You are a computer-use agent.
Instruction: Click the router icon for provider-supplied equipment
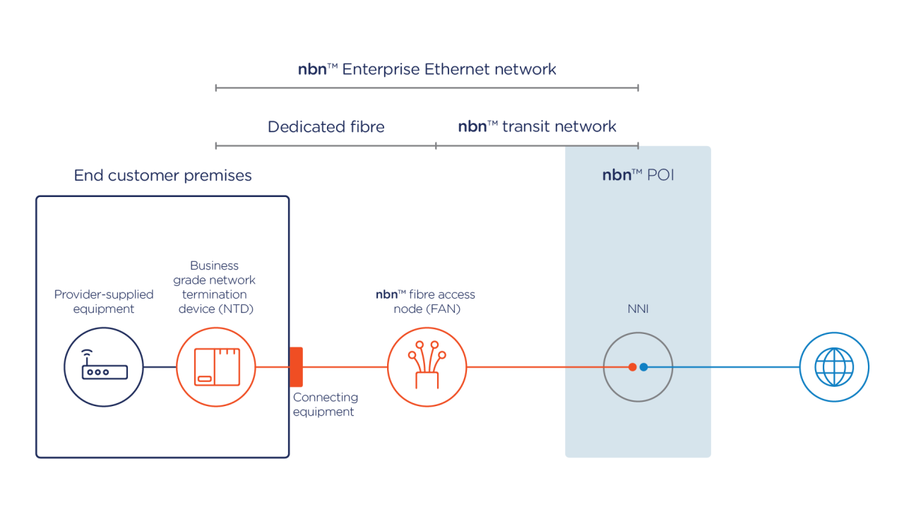(105, 367)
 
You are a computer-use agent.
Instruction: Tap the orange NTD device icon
(215, 367)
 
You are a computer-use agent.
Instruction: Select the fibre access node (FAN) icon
(427, 367)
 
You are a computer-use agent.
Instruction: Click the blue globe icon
(834, 367)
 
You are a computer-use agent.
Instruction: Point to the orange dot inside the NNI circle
(632, 367)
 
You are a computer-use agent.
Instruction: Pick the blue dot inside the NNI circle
(643, 367)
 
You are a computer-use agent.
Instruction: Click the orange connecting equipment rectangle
(297, 367)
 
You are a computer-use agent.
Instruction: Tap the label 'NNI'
(638, 309)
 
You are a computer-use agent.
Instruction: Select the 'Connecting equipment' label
(325, 405)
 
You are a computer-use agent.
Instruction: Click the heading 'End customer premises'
(162, 175)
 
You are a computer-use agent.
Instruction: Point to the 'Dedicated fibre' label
(326, 127)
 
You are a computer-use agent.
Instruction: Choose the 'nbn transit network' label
(537, 127)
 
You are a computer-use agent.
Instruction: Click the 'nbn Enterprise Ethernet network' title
(427, 69)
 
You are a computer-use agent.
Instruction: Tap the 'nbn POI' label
(638, 175)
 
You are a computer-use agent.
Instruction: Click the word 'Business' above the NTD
(215, 266)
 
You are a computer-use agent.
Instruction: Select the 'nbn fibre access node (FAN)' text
(426, 302)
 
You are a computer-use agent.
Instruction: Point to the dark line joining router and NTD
(160, 367)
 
